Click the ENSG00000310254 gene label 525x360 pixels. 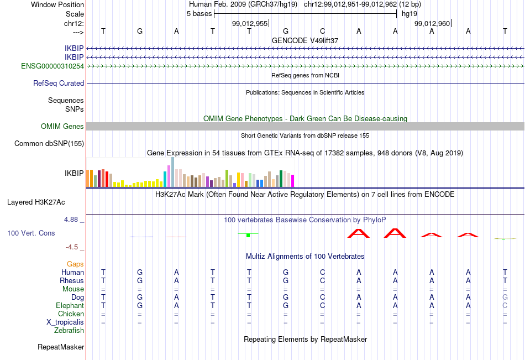pos(53,66)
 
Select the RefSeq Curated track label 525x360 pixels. pos(59,83)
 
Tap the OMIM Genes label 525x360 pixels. pos(62,127)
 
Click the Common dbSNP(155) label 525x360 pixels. pos(49,143)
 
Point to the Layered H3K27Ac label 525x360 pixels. pos(36,202)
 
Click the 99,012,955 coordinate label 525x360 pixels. pos(250,23)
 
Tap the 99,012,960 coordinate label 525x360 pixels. pos(432,23)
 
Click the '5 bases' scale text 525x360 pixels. pos(199,14)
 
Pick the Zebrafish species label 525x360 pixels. pos(69,331)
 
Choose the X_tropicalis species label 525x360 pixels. pos(65,322)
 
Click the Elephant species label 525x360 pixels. pos(70,306)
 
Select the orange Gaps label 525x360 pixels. pos(75,264)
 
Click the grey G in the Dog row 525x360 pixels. pos(505,297)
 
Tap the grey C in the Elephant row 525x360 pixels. pos(505,305)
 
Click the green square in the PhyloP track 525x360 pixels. pos(248,236)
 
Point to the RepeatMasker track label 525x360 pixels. pos(61,347)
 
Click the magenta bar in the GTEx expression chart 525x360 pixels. pos(293,181)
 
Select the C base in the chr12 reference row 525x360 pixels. pos(322,31)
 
